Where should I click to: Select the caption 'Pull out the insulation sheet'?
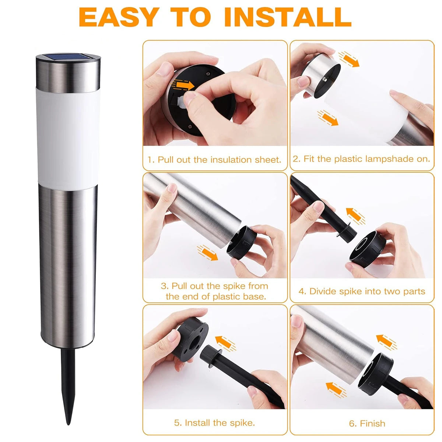coord(219,159)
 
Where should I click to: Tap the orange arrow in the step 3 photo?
coord(208,253)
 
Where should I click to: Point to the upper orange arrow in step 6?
coord(386,342)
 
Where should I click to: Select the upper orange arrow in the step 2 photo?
coord(349,59)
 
